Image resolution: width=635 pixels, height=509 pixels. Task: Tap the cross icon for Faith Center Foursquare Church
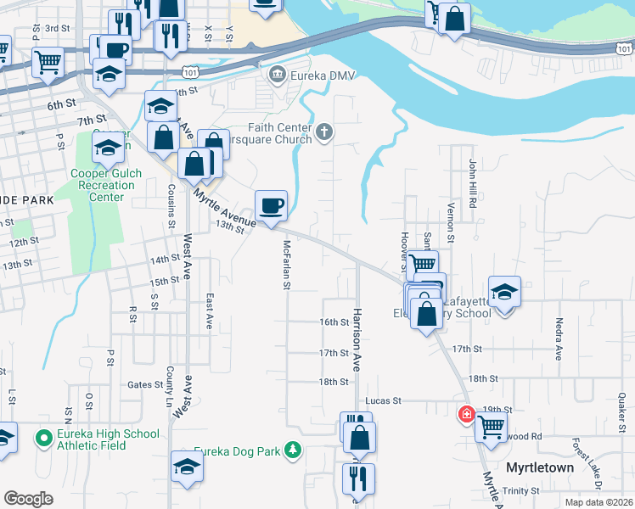pos(323,132)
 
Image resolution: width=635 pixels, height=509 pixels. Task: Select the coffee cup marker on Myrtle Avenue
pos(271,206)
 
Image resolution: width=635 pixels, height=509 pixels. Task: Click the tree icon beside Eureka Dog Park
pos(293,450)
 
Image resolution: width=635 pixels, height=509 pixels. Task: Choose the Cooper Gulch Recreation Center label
pos(108,185)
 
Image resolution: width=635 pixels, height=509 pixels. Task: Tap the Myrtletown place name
pos(540,467)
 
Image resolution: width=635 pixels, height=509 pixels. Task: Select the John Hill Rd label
pos(473,183)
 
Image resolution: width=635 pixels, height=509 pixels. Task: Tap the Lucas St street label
pos(382,400)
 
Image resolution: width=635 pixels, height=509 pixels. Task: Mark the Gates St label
pos(145,384)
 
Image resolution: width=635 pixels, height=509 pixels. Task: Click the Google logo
pos(28,499)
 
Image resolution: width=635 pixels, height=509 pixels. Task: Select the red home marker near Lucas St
pos(466,415)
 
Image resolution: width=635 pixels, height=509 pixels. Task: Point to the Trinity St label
pos(521,491)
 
